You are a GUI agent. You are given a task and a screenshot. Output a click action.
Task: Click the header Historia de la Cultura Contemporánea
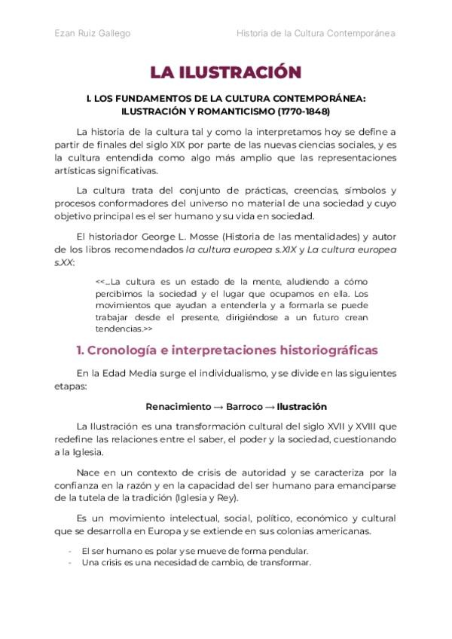click(x=316, y=33)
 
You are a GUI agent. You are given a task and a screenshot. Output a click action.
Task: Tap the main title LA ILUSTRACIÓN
click(x=225, y=72)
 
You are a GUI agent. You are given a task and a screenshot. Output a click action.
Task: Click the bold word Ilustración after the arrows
click(x=302, y=406)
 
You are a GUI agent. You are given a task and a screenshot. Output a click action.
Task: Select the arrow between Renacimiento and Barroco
click(x=218, y=406)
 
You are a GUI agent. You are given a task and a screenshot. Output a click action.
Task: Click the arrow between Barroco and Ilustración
click(x=271, y=406)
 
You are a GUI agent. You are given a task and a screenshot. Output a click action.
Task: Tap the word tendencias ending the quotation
click(x=118, y=329)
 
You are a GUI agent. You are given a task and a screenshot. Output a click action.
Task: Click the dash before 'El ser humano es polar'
click(x=70, y=551)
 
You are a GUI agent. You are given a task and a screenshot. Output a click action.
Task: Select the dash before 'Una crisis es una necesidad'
click(x=70, y=562)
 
